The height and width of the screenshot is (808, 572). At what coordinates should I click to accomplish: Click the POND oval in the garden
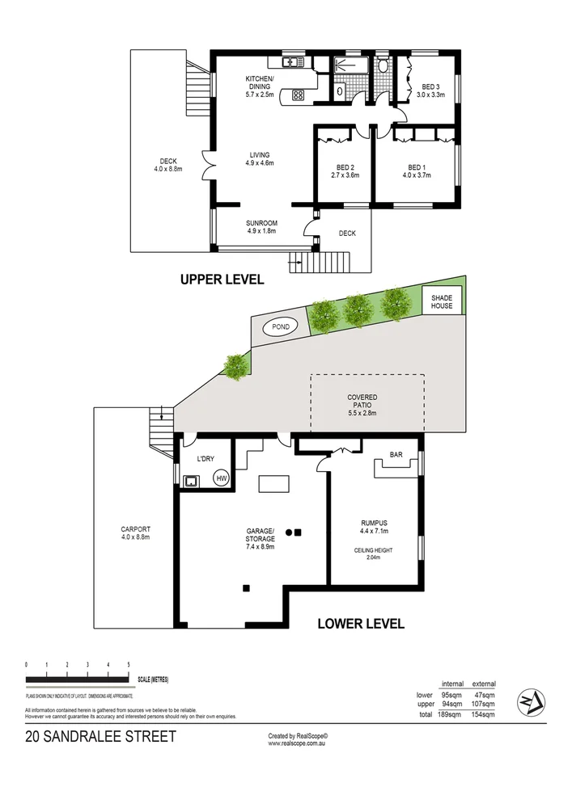(x=281, y=326)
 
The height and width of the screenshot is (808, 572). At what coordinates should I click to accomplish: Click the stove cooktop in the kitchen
(x=297, y=95)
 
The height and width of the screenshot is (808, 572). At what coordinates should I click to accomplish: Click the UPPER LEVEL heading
(x=222, y=280)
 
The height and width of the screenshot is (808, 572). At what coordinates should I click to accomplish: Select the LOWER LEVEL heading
(x=360, y=623)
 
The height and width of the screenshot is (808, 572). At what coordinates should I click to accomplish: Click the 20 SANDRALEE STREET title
(x=100, y=736)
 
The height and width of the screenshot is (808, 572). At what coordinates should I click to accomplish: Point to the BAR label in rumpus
(x=396, y=455)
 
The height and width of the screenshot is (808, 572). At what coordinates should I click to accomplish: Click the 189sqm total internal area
(x=450, y=714)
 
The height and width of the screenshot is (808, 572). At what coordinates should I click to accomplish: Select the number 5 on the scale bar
(x=129, y=664)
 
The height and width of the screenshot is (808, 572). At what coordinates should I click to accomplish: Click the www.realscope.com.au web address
(x=298, y=743)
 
